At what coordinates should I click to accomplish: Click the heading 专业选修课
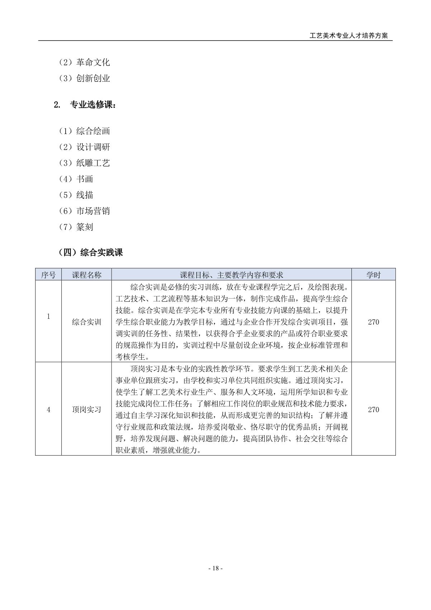pos(93,105)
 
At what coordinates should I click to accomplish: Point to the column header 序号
pos(48,275)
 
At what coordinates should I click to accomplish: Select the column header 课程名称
pos(86,275)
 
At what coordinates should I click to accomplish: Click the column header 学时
pos(373,275)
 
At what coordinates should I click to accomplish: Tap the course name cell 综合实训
pos(86,322)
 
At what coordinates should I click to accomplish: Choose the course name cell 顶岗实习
pos(86,409)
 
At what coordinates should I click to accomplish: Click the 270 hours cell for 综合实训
pos(373,322)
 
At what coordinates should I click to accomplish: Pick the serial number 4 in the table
pos(48,409)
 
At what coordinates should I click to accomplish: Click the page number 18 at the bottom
pos(215,568)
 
